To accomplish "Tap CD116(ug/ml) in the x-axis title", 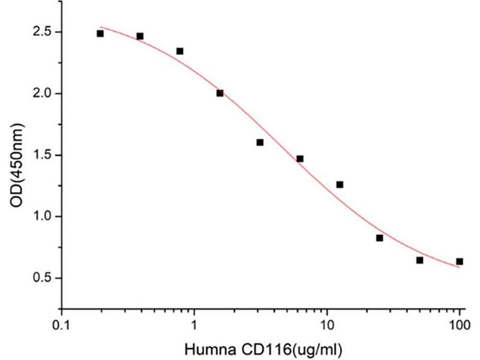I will point(288,347).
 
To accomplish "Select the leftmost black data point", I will point(100,34).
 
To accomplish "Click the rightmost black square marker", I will point(460,262).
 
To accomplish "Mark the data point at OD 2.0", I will point(220,93).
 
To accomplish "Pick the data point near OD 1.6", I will point(260,142).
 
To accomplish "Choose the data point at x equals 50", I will point(419,260).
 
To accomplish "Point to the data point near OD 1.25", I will point(340,185).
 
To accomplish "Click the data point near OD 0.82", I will point(380,238).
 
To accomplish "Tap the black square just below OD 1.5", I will point(300,159).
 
